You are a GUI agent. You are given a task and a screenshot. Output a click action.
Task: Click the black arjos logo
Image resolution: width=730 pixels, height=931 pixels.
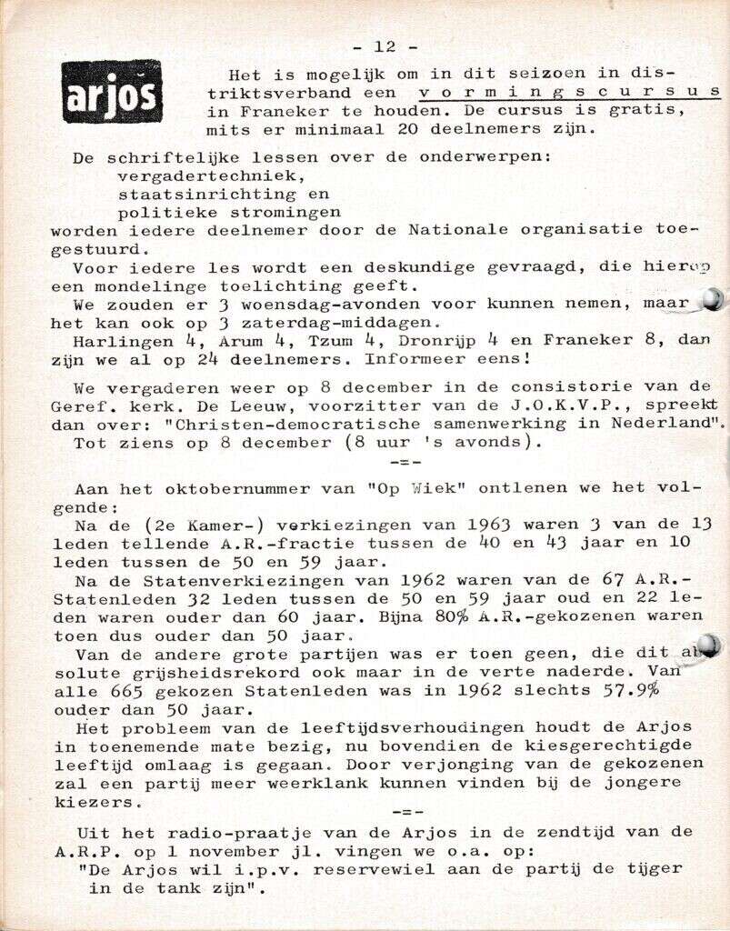click(111, 92)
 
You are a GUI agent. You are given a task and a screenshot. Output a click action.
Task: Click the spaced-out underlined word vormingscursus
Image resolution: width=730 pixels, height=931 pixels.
click(570, 92)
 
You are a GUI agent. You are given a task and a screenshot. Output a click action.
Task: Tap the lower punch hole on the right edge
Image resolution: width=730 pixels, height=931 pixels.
click(709, 646)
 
